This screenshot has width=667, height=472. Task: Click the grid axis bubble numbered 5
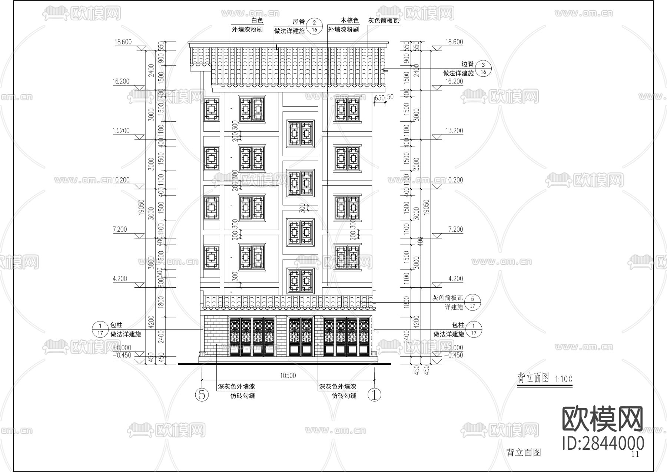pyautogui.click(x=202, y=395)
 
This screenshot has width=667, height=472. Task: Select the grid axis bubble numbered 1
pyautogui.click(x=374, y=395)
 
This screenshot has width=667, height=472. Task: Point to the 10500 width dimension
pyautogui.click(x=288, y=376)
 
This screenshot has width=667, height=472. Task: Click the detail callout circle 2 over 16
pyautogui.click(x=315, y=26)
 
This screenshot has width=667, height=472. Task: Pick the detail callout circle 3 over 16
pyautogui.click(x=483, y=69)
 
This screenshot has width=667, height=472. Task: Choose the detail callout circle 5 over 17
pyautogui.click(x=472, y=302)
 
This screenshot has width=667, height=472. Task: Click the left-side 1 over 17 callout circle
pyautogui.click(x=100, y=329)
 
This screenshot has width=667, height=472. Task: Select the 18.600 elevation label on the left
pyautogui.click(x=123, y=42)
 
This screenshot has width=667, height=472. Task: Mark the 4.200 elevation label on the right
pyautogui.click(x=455, y=278)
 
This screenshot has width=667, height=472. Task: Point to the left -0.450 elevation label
pyautogui.click(x=122, y=355)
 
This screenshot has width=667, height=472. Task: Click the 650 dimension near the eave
pyautogui.click(x=379, y=98)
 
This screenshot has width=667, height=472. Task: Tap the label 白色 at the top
pyautogui.click(x=257, y=21)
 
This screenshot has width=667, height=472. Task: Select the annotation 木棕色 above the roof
pyautogui.click(x=349, y=21)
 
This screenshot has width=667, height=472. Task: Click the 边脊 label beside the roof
pyautogui.click(x=468, y=64)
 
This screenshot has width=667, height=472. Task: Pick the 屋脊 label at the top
pyautogui.click(x=299, y=22)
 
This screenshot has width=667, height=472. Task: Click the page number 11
pyautogui.click(x=635, y=455)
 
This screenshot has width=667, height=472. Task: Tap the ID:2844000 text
pyautogui.click(x=603, y=443)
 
